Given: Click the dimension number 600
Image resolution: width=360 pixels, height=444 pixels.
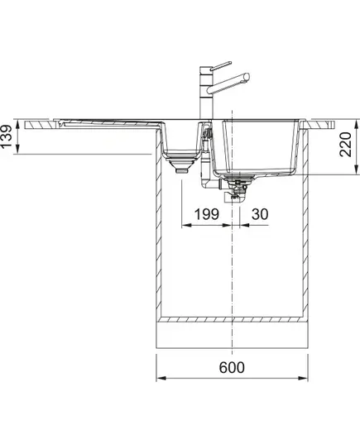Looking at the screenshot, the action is click(231, 367).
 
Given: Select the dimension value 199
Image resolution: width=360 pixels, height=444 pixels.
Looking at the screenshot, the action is click(207, 214).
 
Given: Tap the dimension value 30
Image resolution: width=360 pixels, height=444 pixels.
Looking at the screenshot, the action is click(260, 214).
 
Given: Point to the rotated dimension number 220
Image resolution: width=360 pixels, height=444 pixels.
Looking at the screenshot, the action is click(346, 144).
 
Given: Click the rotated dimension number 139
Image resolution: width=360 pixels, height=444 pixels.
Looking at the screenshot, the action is click(7, 136).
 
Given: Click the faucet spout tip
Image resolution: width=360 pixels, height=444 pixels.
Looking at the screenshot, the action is click(247, 77).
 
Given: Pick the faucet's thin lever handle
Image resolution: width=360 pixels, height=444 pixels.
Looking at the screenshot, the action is click(221, 65).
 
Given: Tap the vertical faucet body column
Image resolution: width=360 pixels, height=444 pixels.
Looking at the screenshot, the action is click(206, 93).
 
